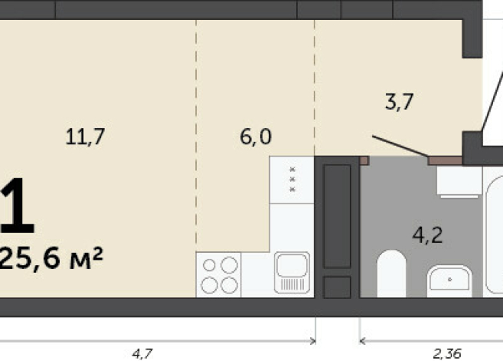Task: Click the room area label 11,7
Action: click(85, 137)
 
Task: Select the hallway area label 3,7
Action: click(400, 102)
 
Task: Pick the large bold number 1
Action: click(17, 206)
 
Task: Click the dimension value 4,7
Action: click(141, 353)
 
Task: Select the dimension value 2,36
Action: click(448, 353)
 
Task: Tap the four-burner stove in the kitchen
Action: click(218, 275)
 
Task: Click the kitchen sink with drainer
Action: click(292, 273)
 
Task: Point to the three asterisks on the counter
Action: click(292, 179)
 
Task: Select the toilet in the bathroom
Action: click(391, 274)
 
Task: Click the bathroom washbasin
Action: click(449, 280)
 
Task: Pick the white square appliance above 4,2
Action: click(458, 183)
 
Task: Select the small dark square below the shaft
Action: click(336, 287)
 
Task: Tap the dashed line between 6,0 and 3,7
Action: click(315, 84)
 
